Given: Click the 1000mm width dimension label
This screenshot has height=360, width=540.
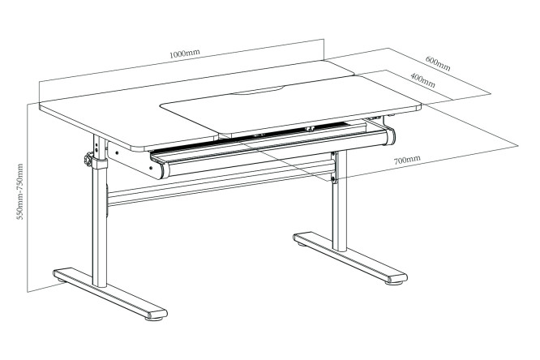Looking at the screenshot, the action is (185, 54).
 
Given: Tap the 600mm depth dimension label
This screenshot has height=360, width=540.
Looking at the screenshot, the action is (438, 63).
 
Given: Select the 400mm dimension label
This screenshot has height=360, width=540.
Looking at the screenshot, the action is (423, 80).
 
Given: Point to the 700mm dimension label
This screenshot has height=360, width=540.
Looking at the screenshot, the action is (407, 160).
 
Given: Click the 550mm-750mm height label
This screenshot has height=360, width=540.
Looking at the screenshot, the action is (20, 191).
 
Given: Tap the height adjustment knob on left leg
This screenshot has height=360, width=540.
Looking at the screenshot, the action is (88, 161).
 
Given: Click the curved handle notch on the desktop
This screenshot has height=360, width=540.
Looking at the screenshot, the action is (258, 91).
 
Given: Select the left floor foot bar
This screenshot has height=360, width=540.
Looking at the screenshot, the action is (110, 294).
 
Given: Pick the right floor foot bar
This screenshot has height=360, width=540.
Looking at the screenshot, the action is (350, 258).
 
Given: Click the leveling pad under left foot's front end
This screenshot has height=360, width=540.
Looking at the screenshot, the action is (154, 319).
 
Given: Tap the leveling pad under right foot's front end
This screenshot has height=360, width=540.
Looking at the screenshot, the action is (395, 283).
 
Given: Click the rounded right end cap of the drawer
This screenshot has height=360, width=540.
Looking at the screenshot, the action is (391, 136).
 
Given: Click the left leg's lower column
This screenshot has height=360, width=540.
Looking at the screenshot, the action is (100, 227).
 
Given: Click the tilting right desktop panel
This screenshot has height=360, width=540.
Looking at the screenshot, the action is (291, 104).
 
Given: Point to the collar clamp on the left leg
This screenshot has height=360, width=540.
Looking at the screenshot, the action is (100, 163).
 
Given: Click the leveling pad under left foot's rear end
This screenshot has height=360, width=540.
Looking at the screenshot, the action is (62, 281).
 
